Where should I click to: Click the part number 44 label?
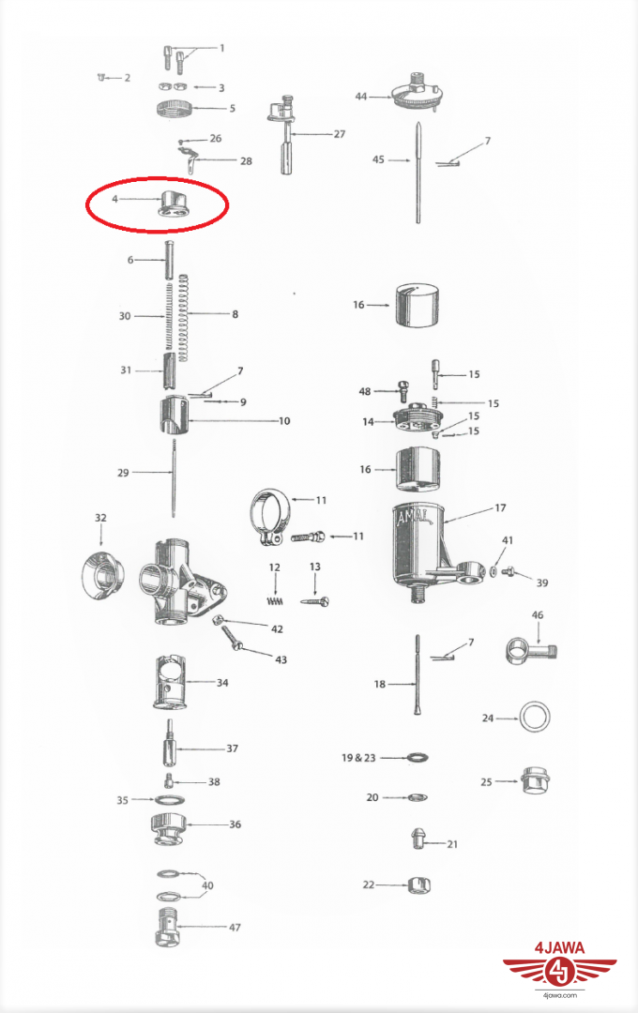tap(360, 97)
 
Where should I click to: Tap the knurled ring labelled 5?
tap(175, 108)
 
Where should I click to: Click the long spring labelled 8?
tap(183, 318)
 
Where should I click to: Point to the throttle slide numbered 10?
tap(174, 417)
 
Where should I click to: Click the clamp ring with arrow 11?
tap(271, 516)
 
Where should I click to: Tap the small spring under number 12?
tap(275, 601)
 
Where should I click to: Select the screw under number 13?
tap(315, 601)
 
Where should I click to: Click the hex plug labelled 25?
tap(534, 780)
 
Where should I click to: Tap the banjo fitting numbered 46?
tap(530, 651)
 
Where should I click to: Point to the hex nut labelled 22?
tap(418, 884)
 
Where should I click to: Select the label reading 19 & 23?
tap(358, 757)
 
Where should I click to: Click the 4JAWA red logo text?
tap(560, 948)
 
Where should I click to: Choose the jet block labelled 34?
tap(170, 682)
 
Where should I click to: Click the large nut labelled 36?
tap(168, 830)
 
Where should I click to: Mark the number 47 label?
tap(235, 927)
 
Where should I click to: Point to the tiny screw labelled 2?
tap(100, 78)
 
